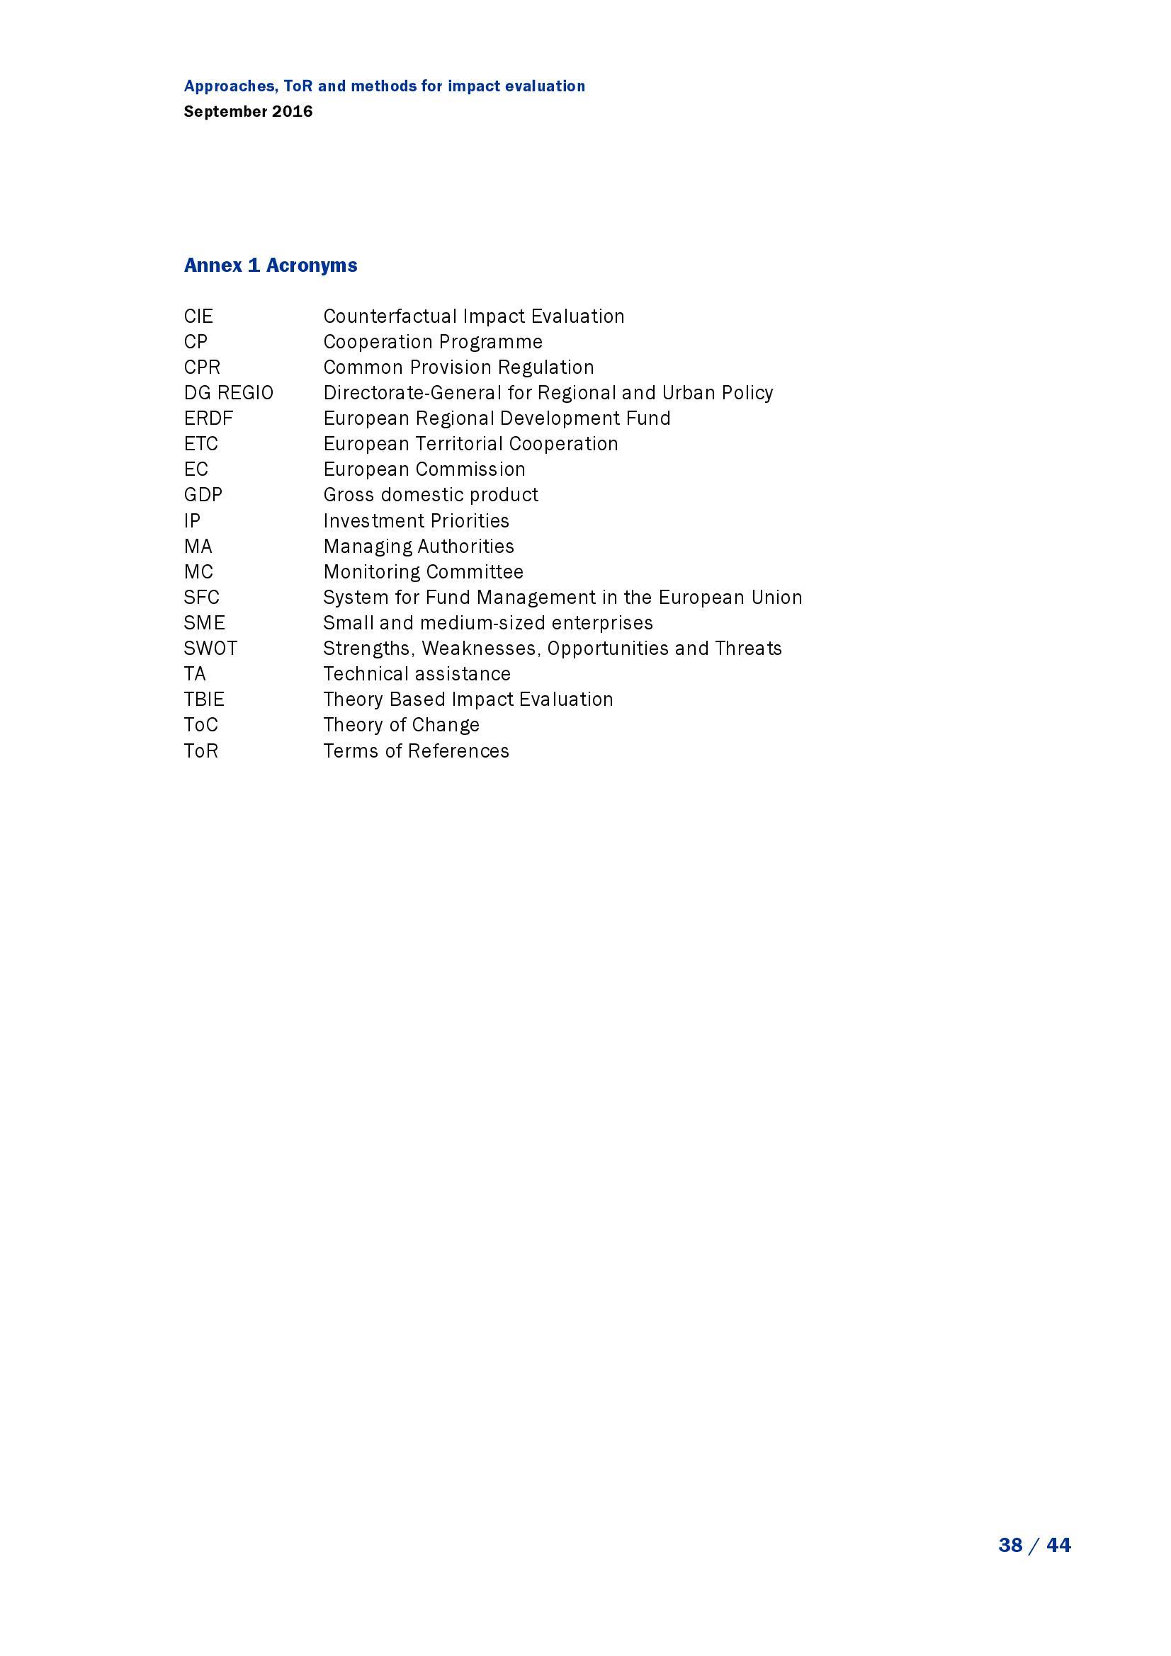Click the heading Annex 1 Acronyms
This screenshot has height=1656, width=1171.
coord(271,265)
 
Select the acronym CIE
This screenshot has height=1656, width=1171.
coord(198,316)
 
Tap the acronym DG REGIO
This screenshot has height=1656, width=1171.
coord(229,393)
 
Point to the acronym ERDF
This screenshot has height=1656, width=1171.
coord(208,418)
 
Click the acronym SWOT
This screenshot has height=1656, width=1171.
coord(210,649)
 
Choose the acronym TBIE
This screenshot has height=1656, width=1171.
coord(204,699)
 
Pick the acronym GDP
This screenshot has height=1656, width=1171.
coord(203,495)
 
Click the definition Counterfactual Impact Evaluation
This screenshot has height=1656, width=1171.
coord(473,316)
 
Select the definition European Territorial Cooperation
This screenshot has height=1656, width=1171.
coord(470,444)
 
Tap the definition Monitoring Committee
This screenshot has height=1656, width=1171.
coord(423,572)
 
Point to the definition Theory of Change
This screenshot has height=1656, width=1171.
coord(401,725)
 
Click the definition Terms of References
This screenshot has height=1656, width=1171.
coord(416,750)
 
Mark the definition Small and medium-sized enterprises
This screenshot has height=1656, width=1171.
coord(487,623)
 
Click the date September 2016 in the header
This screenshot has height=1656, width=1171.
coord(248,112)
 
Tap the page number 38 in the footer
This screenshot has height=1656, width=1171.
coord(1010,1545)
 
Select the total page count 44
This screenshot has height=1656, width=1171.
coord(1058,1545)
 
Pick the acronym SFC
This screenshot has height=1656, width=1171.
coord(201,598)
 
